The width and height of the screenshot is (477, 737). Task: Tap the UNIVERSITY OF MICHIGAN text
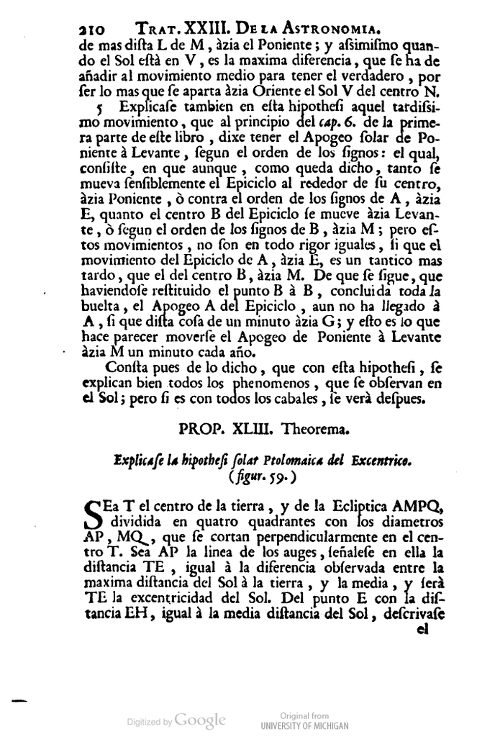coord(304,725)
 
